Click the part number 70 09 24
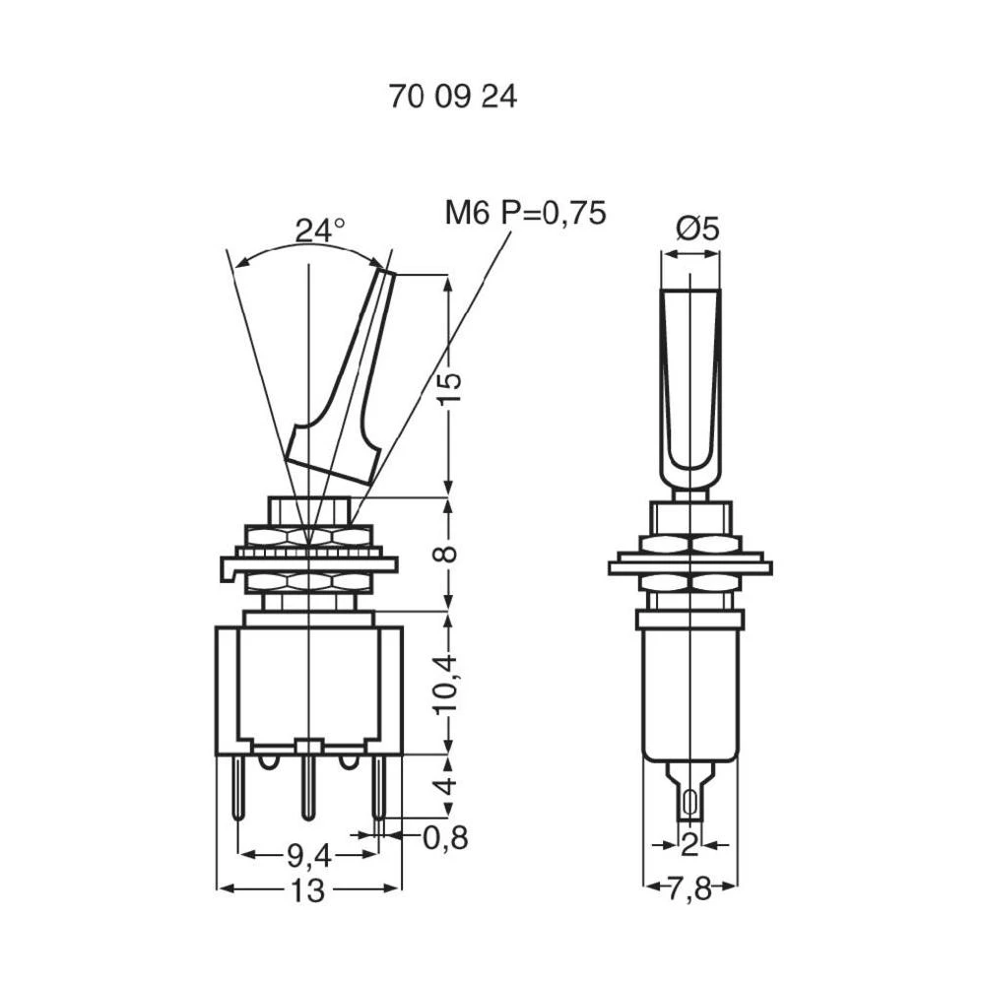[x=453, y=98]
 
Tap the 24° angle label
[x=320, y=230]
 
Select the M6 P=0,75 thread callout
[x=525, y=213]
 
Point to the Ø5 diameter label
[x=697, y=229]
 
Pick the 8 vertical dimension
[x=448, y=554]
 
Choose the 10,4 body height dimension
[x=448, y=683]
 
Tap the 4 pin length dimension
[x=448, y=785]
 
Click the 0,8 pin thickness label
[x=445, y=838]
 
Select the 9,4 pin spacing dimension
[x=307, y=854]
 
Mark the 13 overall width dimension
[x=307, y=890]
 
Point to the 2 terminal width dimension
[x=689, y=844]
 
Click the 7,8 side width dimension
[x=689, y=890]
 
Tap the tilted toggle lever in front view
[x=345, y=384]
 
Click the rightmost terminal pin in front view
[x=377, y=788]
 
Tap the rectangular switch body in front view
[x=307, y=685]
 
